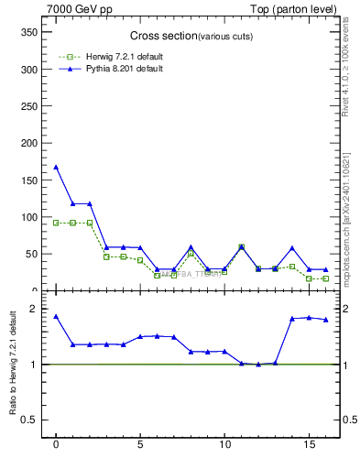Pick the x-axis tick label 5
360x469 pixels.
(140, 445)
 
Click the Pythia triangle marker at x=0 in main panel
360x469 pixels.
(56, 167)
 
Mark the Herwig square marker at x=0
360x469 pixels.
(56, 223)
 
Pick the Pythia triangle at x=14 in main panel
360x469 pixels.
(292, 248)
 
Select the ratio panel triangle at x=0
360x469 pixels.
(56, 316)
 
